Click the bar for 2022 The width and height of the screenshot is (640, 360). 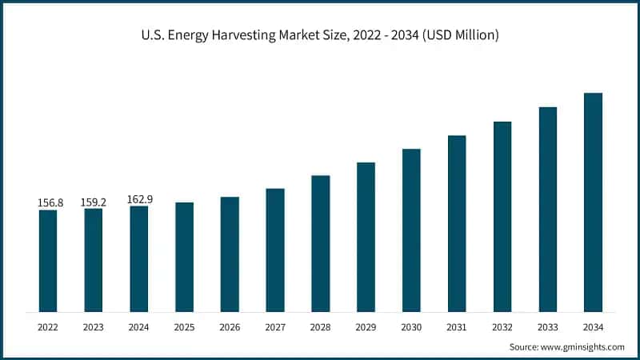48,261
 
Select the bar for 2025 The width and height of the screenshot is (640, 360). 184,257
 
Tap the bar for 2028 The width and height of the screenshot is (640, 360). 320,243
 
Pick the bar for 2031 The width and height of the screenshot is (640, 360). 457,223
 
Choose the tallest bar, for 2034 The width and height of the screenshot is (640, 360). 593,202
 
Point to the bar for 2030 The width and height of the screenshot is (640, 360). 411,230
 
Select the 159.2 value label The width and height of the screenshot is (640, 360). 94,202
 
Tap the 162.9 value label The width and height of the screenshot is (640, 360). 139,199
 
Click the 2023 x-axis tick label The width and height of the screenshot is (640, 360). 94,327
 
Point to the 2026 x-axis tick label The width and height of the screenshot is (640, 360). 230,327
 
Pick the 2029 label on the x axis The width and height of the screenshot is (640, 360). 366,327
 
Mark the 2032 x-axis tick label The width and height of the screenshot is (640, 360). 502,327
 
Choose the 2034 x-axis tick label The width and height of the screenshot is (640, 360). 593,327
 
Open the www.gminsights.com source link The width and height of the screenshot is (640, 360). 582,346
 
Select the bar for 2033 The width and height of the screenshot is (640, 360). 547,209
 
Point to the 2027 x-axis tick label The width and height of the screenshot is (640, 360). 275,327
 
